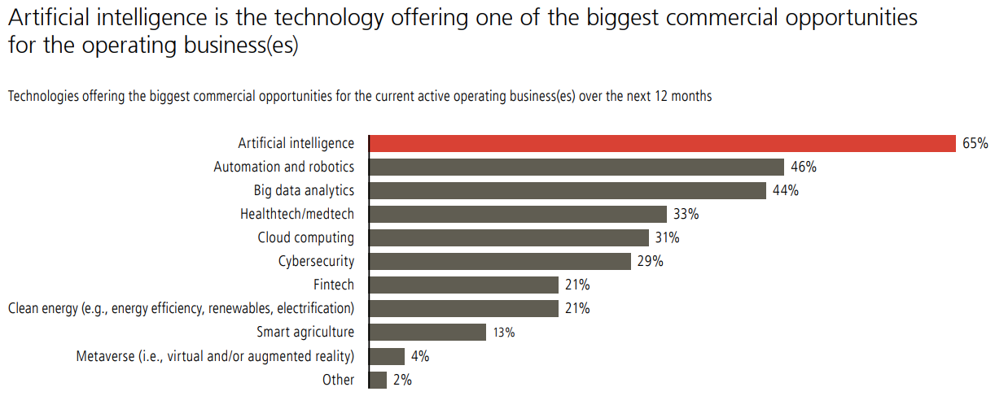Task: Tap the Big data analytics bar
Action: point(568,191)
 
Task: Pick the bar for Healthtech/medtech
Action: point(518,215)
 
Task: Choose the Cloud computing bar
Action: point(509,238)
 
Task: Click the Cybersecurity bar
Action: point(500,262)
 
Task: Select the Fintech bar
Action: point(463,285)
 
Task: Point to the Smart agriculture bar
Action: point(427,333)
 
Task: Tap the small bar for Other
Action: point(378,380)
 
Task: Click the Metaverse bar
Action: point(387,356)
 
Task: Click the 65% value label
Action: point(975,144)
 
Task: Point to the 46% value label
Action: point(803,168)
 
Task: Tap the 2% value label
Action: point(401,380)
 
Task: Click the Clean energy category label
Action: point(181,309)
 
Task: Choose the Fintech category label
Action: point(334,285)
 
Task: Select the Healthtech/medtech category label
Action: point(297,215)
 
